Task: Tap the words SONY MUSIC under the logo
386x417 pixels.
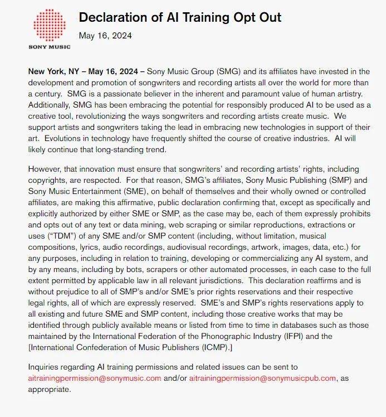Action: click(49, 47)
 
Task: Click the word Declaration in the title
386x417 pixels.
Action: click(113, 17)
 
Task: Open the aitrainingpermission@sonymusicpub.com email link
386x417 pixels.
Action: click(262, 378)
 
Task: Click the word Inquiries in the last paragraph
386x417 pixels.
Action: click(46, 367)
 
